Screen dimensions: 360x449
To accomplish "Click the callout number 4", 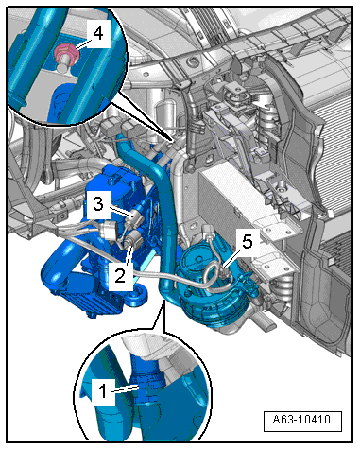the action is (x=98, y=33).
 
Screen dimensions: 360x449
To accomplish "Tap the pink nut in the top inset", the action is (x=66, y=53).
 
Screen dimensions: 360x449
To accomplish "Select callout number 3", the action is (x=98, y=204).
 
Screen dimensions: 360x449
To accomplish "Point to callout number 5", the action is (x=247, y=242).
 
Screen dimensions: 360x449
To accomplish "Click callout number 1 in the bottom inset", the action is (x=103, y=391).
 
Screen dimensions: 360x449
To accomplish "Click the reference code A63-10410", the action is (x=301, y=420).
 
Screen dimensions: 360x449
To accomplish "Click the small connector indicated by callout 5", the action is (x=225, y=270).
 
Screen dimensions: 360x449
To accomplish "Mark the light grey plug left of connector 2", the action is (x=108, y=231).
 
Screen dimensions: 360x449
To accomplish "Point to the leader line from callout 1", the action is (x=125, y=389).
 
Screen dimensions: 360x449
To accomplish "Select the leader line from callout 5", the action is (x=233, y=257).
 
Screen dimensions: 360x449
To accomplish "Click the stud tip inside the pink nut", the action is (x=65, y=60).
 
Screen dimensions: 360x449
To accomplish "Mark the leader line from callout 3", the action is (x=123, y=211).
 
